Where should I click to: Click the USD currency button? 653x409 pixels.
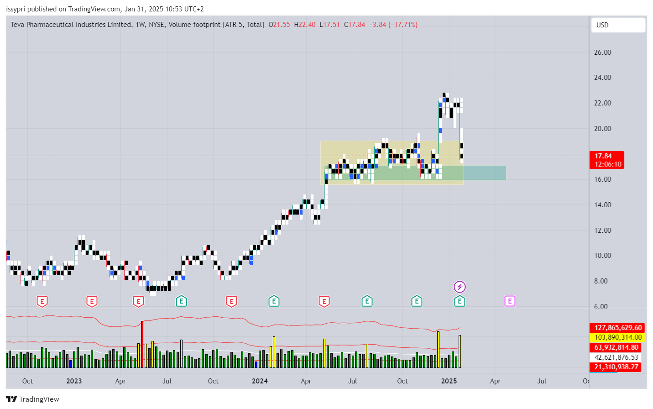point(617,25)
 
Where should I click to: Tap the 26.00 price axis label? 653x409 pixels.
point(602,52)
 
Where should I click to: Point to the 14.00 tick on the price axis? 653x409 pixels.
point(602,205)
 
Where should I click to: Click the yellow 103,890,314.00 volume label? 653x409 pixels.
point(618,337)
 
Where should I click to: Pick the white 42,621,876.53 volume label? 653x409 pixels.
point(616,357)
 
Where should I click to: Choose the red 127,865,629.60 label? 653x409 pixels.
point(618,328)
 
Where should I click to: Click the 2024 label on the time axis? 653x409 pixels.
point(260,381)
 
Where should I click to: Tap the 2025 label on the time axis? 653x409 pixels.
point(449,381)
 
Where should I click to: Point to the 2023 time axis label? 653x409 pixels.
point(74,381)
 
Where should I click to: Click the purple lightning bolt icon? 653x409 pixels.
point(460,287)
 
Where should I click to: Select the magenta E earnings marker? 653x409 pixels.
point(510,301)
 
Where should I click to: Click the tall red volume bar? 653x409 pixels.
point(142,344)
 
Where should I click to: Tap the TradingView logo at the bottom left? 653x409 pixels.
point(32,399)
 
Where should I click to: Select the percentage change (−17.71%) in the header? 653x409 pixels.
point(403,25)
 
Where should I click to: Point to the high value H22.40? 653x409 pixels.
point(304,25)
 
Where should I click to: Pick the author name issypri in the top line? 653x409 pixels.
point(15,9)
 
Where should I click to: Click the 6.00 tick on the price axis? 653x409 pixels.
point(601,306)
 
